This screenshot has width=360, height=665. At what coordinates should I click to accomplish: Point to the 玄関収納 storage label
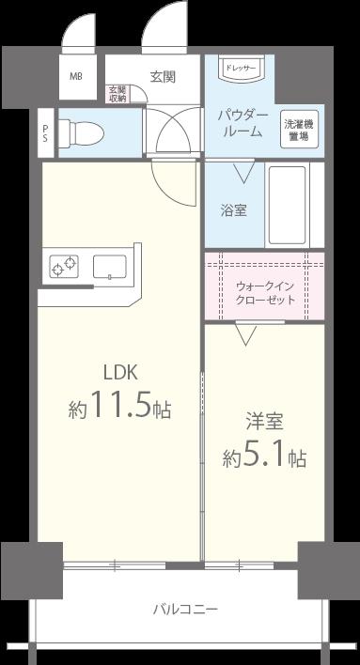click(x=117, y=92)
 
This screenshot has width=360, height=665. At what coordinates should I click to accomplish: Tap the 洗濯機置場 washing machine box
click(x=300, y=128)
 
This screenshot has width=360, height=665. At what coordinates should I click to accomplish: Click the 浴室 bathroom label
click(x=234, y=209)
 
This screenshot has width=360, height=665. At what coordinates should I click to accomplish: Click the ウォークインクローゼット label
click(x=265, y=293)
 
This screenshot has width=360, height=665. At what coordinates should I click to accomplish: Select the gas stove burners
click(x=64, y=268)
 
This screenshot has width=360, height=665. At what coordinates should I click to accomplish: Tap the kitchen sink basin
click(x=111, y=267)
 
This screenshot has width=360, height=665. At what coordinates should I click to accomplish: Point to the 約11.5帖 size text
click(x=119, y=410)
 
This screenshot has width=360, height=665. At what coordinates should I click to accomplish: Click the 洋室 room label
click(x=265, y=420)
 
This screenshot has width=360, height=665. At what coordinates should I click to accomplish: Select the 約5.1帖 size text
click(x=265, y=457)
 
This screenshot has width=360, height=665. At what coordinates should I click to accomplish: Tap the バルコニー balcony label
click(x=186, y=610)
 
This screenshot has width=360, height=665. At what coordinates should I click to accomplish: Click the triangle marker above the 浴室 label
click(x=245, y=172)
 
